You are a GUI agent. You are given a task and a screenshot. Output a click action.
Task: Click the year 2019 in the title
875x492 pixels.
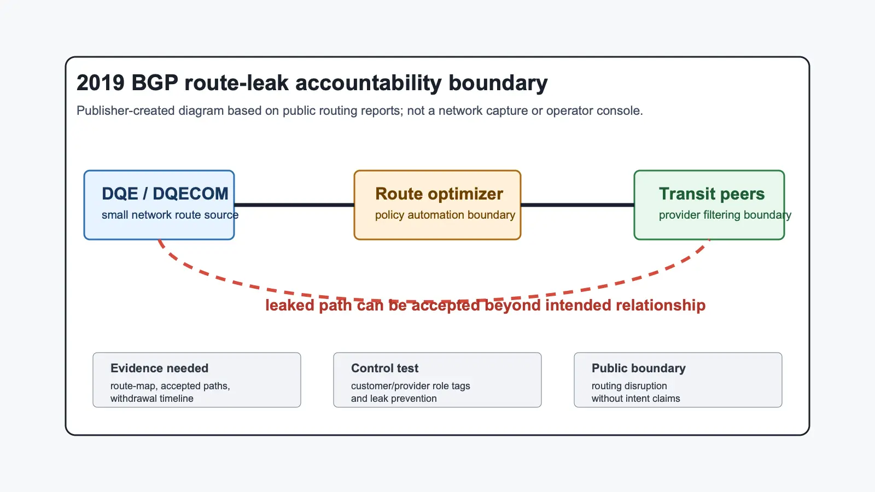101,83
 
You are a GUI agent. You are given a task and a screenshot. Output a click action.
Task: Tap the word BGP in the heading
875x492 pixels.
155,83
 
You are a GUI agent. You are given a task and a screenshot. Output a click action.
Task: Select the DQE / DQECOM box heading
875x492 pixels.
165,194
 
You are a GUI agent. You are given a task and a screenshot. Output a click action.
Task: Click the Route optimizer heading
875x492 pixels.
439,194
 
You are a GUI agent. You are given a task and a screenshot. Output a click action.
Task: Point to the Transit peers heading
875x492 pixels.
711,194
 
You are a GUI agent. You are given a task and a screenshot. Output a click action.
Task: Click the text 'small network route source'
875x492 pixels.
170,215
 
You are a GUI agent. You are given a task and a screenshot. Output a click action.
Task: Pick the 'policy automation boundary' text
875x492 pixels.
445,215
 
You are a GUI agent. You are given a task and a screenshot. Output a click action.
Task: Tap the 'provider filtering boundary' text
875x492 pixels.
725,215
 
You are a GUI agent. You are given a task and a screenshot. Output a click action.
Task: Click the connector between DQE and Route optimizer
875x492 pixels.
294,204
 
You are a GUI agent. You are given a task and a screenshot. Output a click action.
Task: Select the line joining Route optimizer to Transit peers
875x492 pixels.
577,204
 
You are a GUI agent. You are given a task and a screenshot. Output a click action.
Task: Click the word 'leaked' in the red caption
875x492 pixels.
289,305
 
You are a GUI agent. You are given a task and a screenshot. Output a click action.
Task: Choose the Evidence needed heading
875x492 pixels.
159,368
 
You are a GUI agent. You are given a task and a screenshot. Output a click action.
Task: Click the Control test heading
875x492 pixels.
385,368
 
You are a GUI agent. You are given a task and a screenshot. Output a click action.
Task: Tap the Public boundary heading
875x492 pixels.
639,368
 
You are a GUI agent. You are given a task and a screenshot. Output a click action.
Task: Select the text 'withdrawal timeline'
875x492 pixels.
152,399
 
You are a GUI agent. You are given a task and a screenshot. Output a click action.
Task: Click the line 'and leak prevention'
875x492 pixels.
394,399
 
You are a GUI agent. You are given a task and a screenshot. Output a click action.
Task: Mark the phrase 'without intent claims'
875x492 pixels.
636,399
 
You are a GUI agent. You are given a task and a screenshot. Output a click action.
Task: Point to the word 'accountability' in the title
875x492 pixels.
369,83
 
